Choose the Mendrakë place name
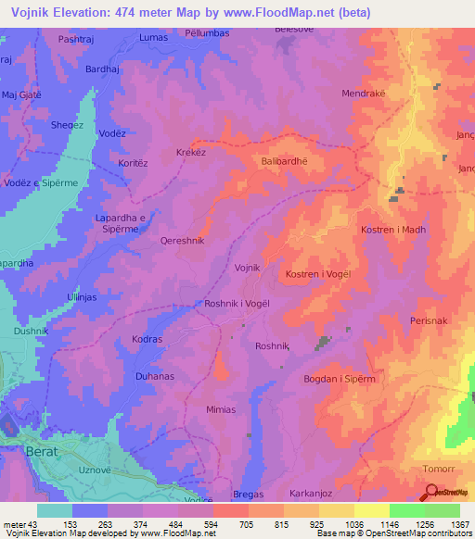(x=365, y=94)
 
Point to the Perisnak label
(x=430, y=320)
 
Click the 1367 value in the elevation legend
(x=448, y=524)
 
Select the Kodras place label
(x=147, y=339)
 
